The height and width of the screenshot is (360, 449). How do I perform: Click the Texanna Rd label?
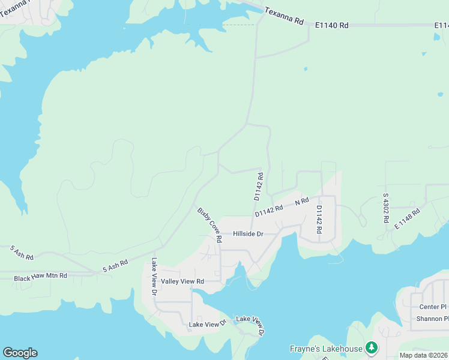point(284,16)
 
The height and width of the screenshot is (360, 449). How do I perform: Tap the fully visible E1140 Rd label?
point(332,25)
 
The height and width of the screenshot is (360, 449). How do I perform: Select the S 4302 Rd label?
point(385,208)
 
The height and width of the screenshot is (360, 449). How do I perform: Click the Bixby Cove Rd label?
point(210,225)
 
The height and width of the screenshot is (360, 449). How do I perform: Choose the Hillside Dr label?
point(248,233)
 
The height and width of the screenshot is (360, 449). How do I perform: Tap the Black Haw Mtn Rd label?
point(41,278)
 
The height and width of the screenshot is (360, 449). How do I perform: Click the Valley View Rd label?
point(182,281)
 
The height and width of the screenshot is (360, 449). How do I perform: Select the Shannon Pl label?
point(432,319)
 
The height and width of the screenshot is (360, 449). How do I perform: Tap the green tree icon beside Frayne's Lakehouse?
point(372,347)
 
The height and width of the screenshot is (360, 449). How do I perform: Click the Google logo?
point(20,353)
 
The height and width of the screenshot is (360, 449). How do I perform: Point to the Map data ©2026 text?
point(424,355)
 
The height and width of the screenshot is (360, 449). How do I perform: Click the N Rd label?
point(301,202)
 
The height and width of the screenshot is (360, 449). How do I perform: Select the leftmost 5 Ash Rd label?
point(22,252)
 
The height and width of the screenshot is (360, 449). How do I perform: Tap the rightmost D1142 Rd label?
point(319,219)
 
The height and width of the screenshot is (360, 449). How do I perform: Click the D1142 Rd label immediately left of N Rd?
point(268,211)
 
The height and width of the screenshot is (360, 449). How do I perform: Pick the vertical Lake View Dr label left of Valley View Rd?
point(154,277)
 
